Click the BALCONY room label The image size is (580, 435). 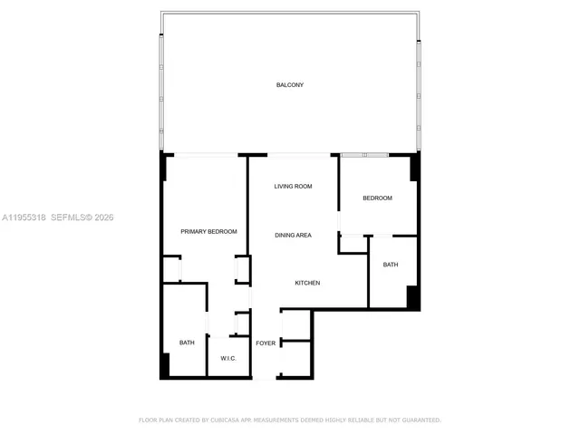pyautogui.click(x=290, y=85)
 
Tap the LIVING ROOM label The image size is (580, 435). pyautogui.click(x=294, y=187)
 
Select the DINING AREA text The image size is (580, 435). pyautogui.click(x=294, y=236)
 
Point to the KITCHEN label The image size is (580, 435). pyautogui.click(x=307, y=284)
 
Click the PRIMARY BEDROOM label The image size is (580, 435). pyautogui.click(x=208, y=232)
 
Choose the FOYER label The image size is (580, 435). pyautogui.click(x=266, y=343)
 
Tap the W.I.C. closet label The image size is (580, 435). pyautogui.click(x=228, y=359)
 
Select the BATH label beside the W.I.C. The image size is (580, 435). pyautogui.click(x=187, y=343)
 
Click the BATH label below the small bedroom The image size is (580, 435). pyautogui.click(x=391, y=265)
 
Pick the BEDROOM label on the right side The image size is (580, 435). pyautogui.click(x=378, y=198)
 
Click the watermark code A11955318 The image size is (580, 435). pyautogui.click(x=24, y=217)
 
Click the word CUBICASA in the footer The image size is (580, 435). pyautogui.click(x=226, y=420)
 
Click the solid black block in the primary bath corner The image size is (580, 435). pyautogui.click(x=165, y=365)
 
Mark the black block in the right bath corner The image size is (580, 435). pyautogui.click(x=412, y=297)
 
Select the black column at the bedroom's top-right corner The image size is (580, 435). pyautogui.click(x=415, y=168)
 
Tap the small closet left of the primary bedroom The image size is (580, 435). pyautogui.click(x=171, y=270)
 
